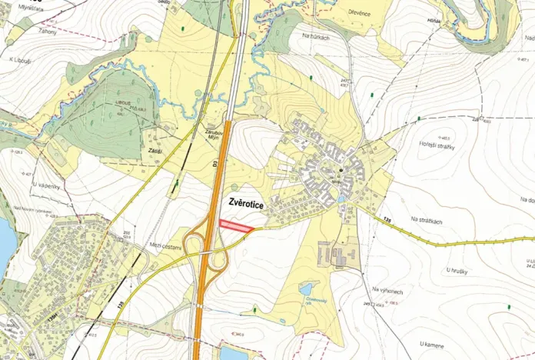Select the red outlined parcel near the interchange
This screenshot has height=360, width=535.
click(235, 225)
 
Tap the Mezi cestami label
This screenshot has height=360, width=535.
click(165, 246)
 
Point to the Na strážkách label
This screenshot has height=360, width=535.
click(427, 220)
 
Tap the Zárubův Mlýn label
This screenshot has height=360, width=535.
click(214, 133)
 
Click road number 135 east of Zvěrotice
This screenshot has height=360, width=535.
click(387, 220)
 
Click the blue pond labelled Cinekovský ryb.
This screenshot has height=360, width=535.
click(307, 288)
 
